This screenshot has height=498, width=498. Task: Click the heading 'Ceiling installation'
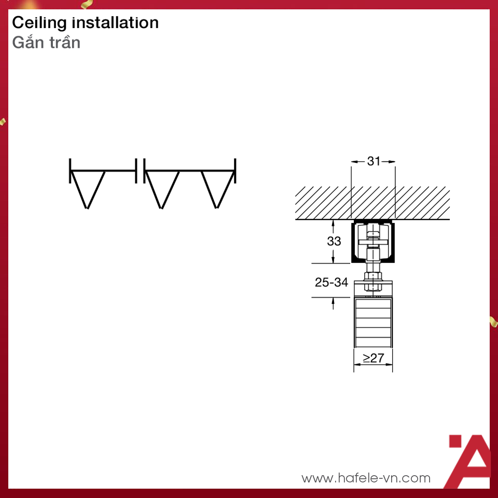[x=85, y=23]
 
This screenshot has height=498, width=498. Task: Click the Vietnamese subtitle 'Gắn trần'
[x=46, y=42]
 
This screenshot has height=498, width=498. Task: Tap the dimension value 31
[x=374, y=161]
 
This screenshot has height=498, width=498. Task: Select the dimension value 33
[x=334, y=241]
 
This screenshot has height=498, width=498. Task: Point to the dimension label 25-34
[x=331, y=282]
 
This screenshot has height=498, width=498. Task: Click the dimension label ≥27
[x=374, y=358]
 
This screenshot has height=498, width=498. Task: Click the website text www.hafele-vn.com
[x=366, y=478]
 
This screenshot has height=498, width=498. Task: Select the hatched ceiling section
[x=372, y=203]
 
